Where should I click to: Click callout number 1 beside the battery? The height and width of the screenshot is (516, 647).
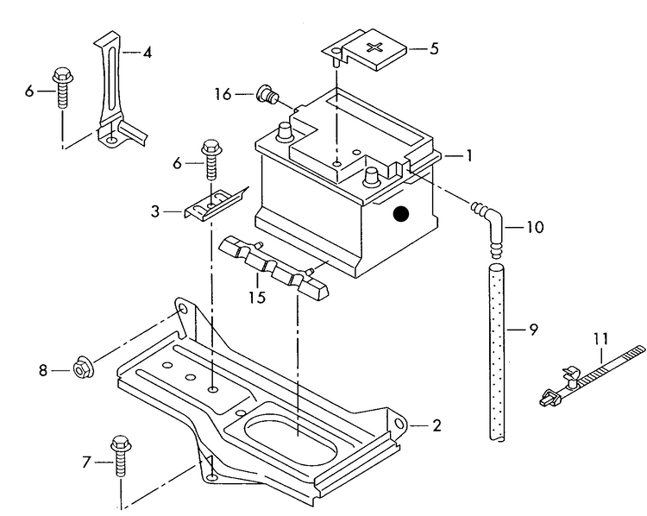pyautogui.click(x=468, y=156)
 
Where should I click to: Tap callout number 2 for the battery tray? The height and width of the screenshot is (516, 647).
pyautogui.click(x=437, y=425)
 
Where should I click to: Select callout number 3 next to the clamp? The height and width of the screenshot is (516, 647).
pyautogui.click(x=156, y=210)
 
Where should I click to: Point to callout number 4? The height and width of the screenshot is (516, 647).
pyautogui.click(x=148, y=52)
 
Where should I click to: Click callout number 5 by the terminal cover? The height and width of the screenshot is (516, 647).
pyautogui.click(x=433, y=48)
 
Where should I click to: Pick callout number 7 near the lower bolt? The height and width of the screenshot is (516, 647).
pyautogui.click(x=85, y=463)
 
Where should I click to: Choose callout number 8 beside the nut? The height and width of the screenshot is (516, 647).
pyautogui.click(x=42, y=370)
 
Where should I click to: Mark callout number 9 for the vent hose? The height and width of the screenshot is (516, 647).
pyautogui.click(x=533, y=329)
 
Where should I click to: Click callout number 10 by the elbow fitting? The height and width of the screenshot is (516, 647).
pyautogui.click(x=535, y=229)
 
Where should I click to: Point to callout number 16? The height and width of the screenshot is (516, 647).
pyautogui.click(x=223, y=94)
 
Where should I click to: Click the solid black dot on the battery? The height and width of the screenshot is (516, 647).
pyautogui.click(x=399, y=215)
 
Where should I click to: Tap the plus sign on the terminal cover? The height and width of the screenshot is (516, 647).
pyautogui.click(x=377, y=47)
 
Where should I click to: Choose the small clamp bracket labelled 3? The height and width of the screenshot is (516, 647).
pyautogui.click(x=213, y=204)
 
